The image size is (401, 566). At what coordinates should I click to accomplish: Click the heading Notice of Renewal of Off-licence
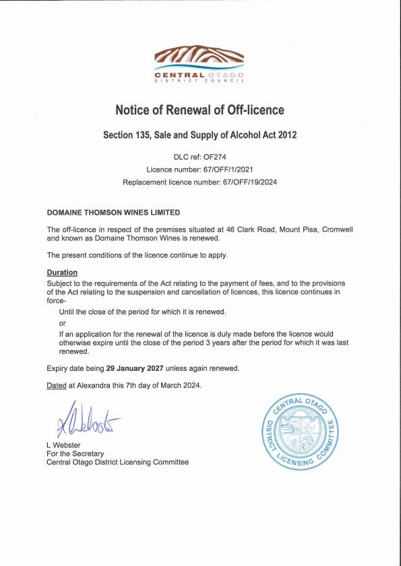tap(199, 109)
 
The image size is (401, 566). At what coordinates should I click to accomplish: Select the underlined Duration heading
tap(62, 273)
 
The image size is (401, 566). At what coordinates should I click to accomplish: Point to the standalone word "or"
tap(63, 324)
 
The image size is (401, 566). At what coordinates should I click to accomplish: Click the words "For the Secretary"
tap(74, 454)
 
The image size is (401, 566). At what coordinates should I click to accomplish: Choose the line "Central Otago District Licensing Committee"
tap(117, 462)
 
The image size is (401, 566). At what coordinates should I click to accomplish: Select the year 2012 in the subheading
tap(284, 135)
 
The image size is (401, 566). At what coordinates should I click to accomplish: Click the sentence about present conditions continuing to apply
tap(137, 255)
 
